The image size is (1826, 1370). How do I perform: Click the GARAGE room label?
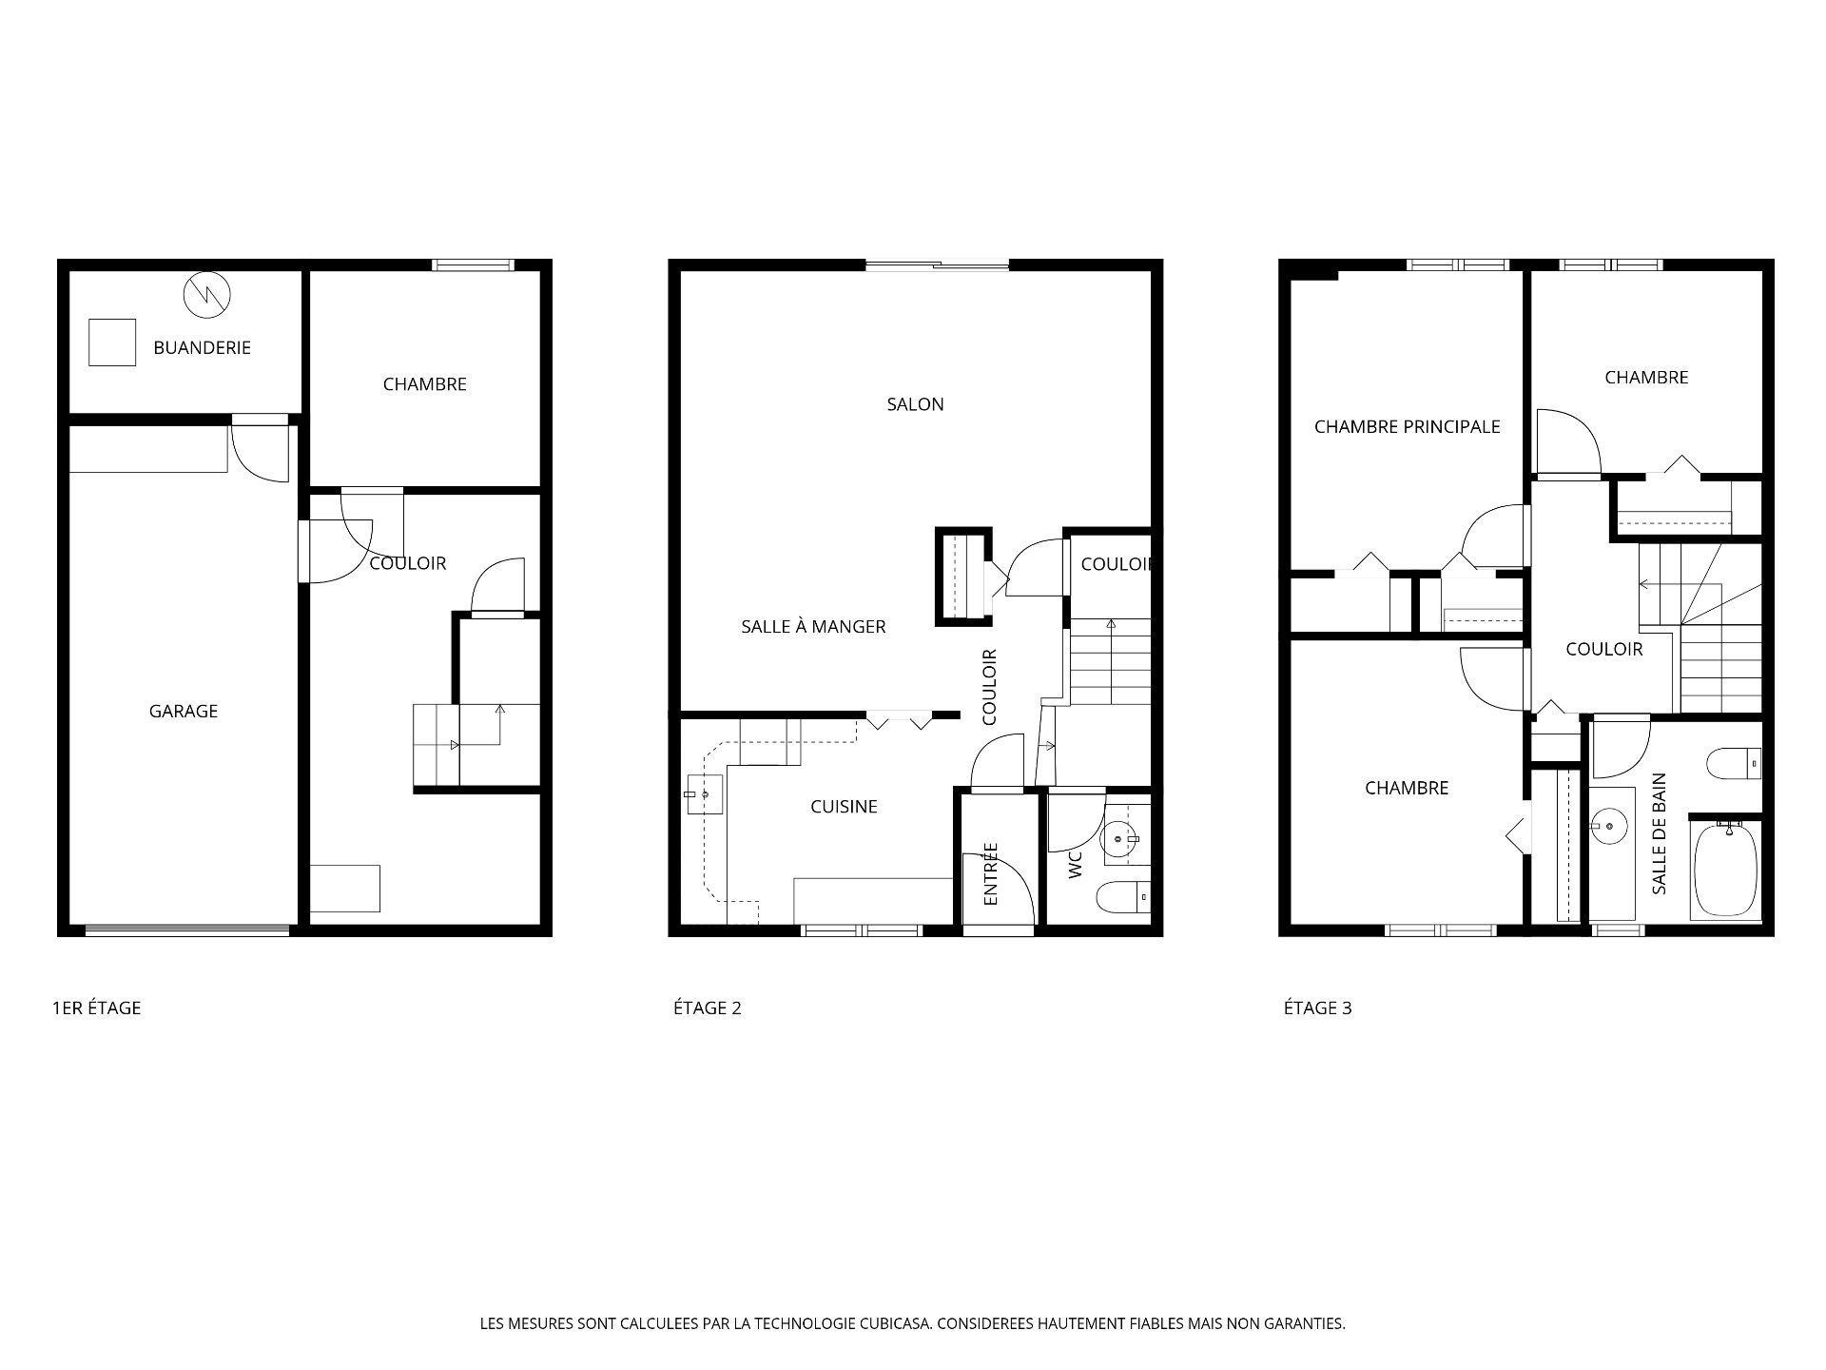(x=184, y=711)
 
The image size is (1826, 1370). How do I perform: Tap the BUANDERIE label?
(x=202, y=347)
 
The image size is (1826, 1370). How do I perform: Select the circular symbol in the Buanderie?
(x=207, y=294)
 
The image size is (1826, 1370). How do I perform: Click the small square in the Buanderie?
(x=112, y=342)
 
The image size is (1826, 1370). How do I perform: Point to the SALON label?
(x=915, y=404)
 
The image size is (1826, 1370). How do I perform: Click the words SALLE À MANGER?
(x=813, y=626)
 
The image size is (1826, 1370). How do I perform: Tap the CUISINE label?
(x=844, y=807)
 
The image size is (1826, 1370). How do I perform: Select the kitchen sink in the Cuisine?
(x=704, y=794)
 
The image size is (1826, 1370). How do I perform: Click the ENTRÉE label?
(x=991, y=873)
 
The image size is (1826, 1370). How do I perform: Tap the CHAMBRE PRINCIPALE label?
(x=1407, y=427)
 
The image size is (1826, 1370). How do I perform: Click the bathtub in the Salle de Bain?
(x=1726, y=871)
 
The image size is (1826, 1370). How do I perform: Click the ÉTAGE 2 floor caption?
(x=707, y=1008)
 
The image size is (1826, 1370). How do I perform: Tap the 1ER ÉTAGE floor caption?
(x=96, y=1008)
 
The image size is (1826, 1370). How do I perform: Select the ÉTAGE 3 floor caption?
(x=1317, y=1008)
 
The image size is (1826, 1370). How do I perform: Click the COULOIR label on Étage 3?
(x=1604, y=649)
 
